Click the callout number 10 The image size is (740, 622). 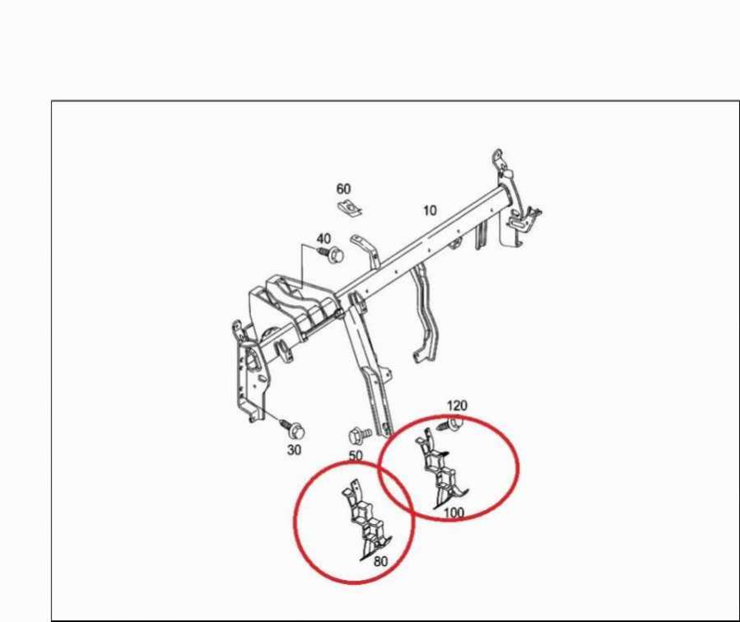click(x=430, y=210)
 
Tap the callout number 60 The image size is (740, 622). click(x=343, y=189)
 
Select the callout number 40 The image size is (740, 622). click(x=323, y=239)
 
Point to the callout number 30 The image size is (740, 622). click(x=294, y=450)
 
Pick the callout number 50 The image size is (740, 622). click(x=356, y=456)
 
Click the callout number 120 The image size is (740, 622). click(x=457, y=405)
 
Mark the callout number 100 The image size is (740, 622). click(x=454, y=512)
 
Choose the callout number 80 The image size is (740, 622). click(x=380, y=561)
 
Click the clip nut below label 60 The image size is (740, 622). click(x=350, y=208)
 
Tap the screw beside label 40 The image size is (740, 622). click(x=331, y=255)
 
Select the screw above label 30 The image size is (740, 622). click(x=293, y=428)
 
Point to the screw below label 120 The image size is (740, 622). click(x=449, y=423)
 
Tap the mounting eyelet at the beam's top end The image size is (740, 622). click(x=497, y=157)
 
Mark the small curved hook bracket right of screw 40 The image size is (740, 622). click(x=367, y=251)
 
